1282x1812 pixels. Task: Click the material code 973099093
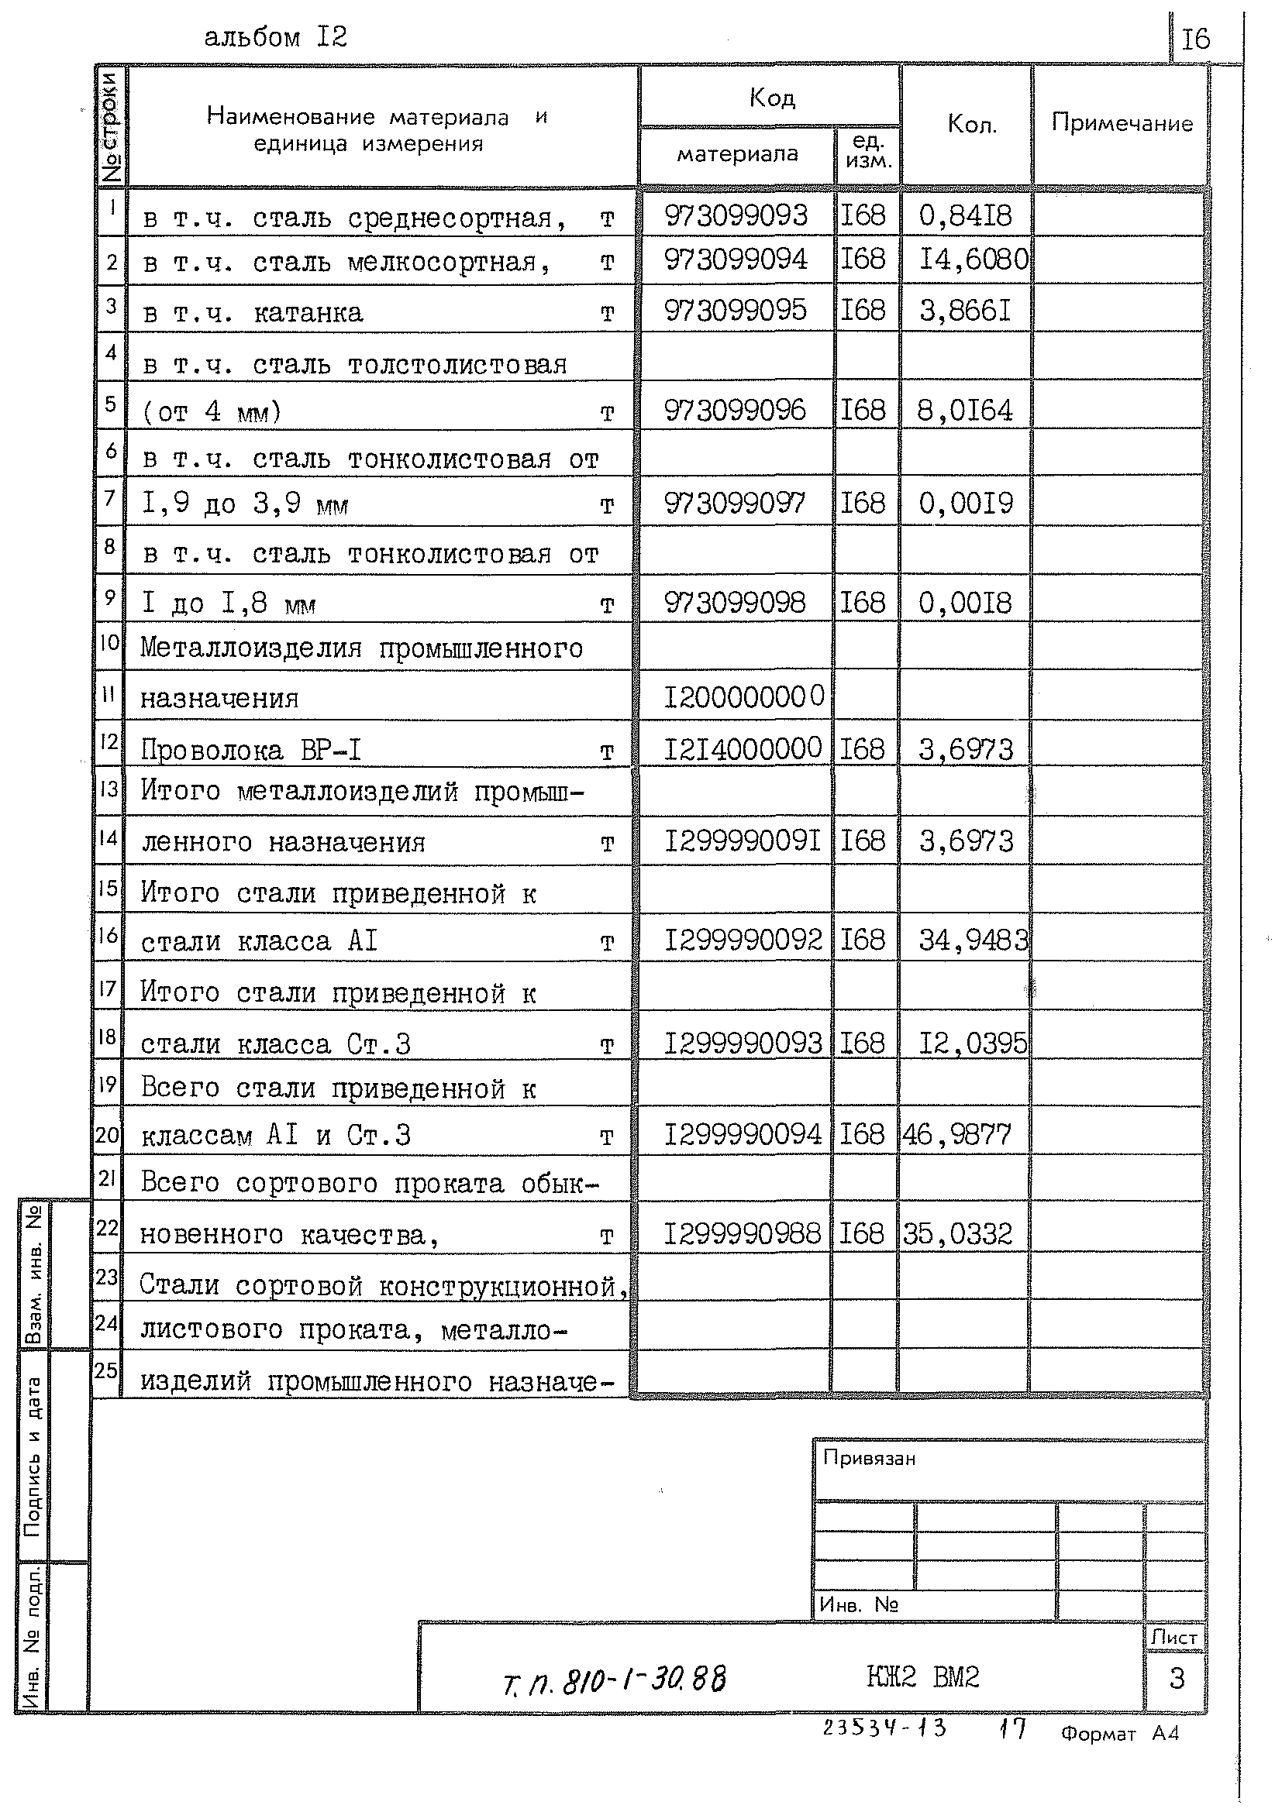[736, 215]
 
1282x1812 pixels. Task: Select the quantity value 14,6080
[973, 260]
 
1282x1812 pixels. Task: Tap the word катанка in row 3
[308, 313]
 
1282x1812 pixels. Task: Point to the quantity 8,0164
[965, 411]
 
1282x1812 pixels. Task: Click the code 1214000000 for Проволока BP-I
[742, 748]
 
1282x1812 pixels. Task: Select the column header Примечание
[1121, 123]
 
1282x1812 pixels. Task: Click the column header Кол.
[972, 124]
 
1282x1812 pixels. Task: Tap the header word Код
[771, 98]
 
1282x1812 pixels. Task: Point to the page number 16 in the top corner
[1195, 40]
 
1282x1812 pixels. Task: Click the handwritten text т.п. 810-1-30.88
[614, 1680]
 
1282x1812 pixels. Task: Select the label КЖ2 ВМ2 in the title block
[923, 1676]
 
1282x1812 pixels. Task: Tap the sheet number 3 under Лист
[1177, 1679]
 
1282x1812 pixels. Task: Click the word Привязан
[869, 1460]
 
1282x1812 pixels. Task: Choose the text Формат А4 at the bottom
[1119, 1750]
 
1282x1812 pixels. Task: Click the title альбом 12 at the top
[275, 38]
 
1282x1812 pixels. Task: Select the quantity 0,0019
[965, 504]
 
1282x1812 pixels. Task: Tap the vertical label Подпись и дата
[33, 1457]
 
